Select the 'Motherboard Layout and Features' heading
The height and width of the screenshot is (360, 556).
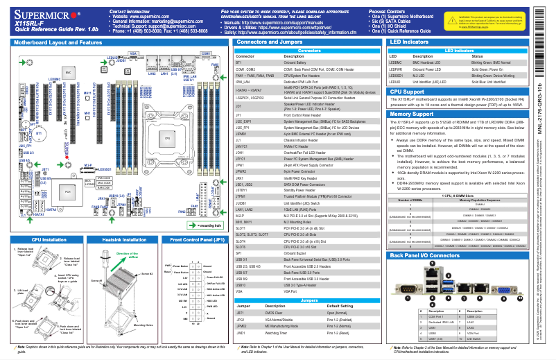(62, 42)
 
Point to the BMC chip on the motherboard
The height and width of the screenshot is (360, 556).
(67, 72)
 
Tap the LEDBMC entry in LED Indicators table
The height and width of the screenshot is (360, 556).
(397, 62)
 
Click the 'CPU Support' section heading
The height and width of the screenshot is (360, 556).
(408, 92)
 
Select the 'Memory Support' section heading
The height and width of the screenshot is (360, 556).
(412, 114)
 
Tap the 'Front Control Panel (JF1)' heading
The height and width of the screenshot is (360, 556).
(198, 239)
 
